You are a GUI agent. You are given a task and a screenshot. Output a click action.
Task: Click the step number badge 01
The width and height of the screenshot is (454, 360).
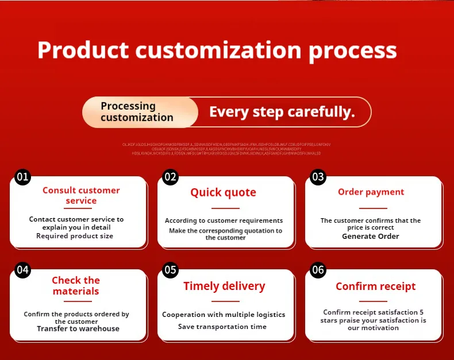click(x=22, y=177)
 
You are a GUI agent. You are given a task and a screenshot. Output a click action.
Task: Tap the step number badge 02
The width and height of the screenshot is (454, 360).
click(x=170, y=177)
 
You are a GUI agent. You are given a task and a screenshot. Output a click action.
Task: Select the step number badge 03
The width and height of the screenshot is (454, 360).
click(x=318, y=177)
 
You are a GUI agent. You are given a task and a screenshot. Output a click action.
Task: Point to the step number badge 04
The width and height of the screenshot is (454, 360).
click(x=22, y=270)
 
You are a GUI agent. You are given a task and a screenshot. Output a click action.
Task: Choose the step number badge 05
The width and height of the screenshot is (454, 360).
click(x=170, y=270)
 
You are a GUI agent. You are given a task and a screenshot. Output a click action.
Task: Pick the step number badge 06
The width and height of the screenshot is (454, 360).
click(x=318, y=270)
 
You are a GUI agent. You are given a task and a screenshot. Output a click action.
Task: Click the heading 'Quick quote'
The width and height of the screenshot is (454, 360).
click(x=223, y=192)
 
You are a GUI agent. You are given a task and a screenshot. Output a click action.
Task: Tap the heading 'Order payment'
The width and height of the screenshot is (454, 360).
click(x=371, y=192)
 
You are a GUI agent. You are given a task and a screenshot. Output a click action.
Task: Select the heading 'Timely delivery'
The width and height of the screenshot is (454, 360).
click(x=224, y=286)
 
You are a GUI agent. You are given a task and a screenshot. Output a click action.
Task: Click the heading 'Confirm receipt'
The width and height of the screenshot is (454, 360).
click(x=375, y=286)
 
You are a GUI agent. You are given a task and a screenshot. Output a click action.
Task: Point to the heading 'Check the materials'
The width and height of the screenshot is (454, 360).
click(x=76, y=285)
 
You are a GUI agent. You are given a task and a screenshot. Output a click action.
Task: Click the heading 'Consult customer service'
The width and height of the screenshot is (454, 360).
click(x=81, y=195)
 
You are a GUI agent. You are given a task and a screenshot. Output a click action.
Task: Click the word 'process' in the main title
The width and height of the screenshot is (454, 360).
click(x=352, y=51)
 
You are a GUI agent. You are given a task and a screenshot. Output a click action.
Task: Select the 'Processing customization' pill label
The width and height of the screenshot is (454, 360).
click(x=137, y=111)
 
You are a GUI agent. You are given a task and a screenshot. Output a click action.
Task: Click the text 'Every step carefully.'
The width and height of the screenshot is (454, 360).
click(x=282, y=111)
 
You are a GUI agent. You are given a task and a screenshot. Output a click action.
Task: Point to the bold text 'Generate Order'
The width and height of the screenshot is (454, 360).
click(x=370, y=236)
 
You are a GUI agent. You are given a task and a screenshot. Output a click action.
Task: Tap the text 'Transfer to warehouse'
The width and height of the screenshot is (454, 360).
click(x=78, y=328)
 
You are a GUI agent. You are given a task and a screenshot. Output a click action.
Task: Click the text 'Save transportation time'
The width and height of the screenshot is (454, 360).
click(x=222, y=327)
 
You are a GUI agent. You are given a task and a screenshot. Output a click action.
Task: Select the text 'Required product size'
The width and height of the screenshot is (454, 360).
click(x=75, y=235)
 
